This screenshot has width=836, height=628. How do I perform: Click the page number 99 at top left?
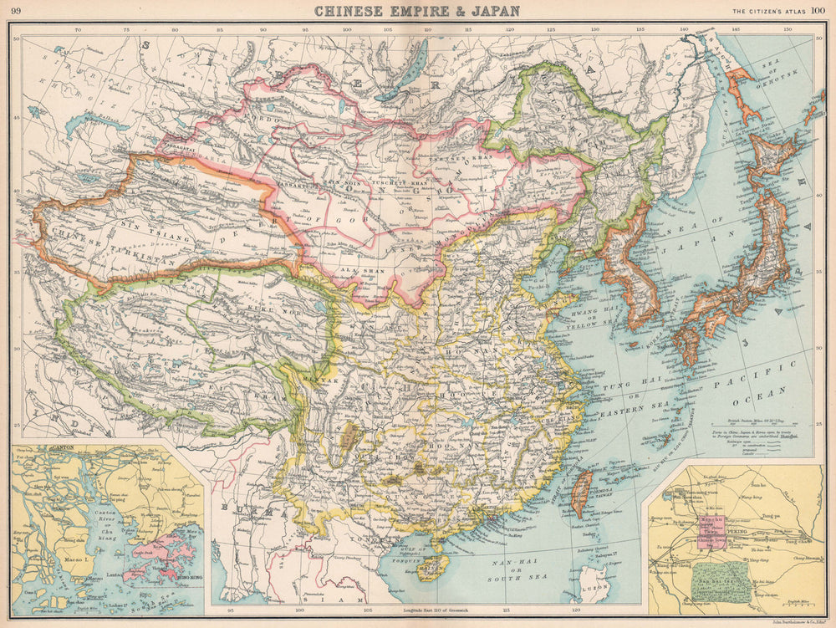16,11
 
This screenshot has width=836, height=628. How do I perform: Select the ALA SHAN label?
359,270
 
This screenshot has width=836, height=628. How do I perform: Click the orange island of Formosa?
581,492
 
